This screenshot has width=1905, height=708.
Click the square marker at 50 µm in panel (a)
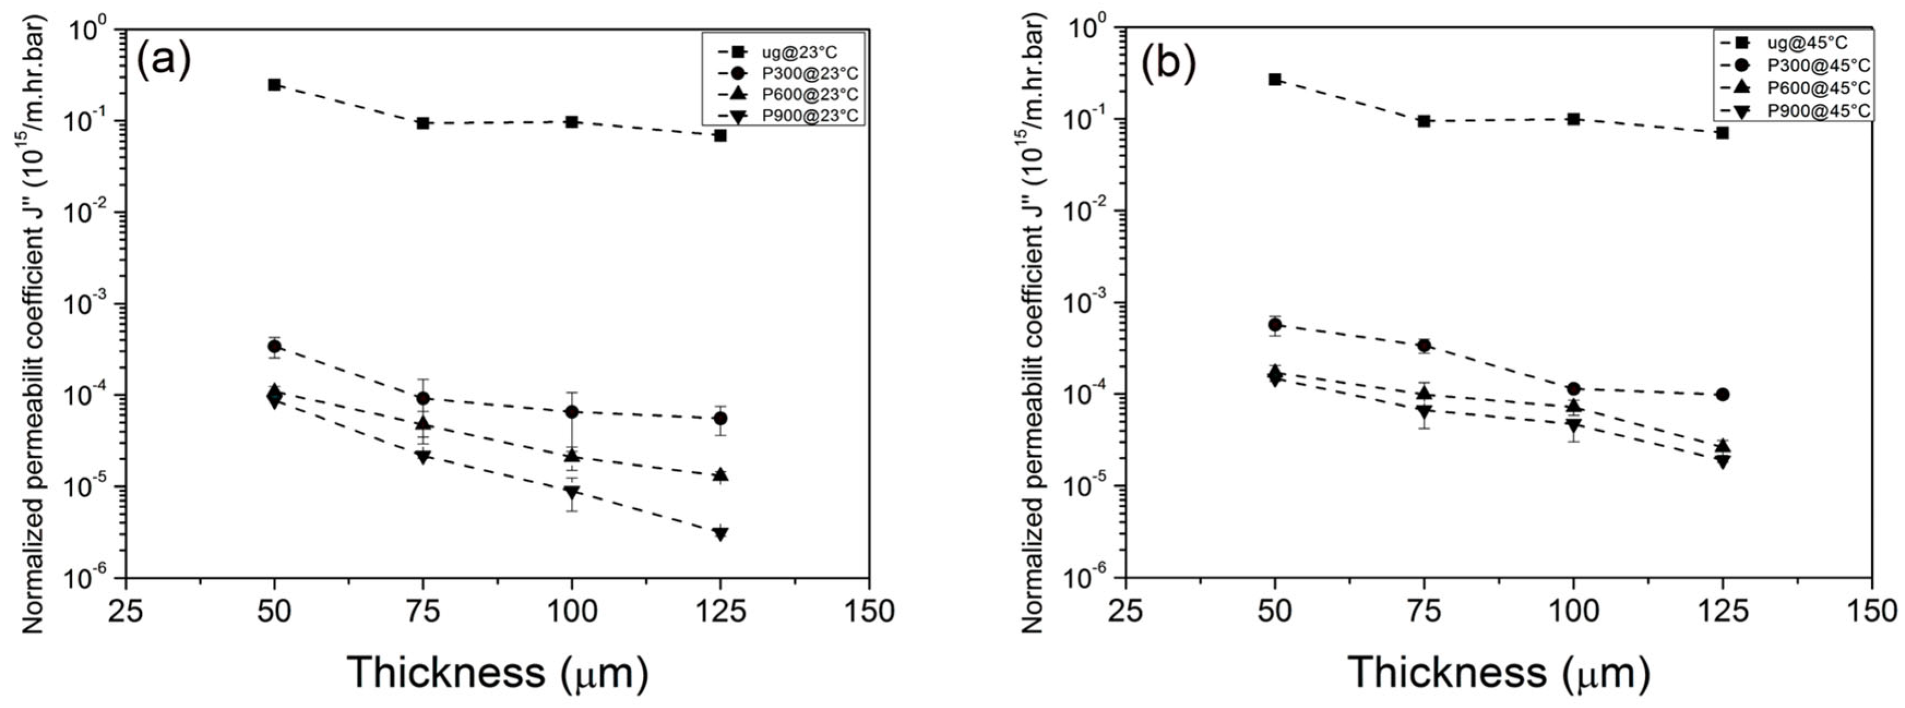pyautogui.click(x=274, y=85)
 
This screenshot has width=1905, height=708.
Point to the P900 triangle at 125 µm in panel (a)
pyautogui.click(x=720, y=533)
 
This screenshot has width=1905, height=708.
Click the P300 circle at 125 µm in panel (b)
pyautogui.click(x=1722, y=394)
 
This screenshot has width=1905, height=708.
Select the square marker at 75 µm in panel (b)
pyautogui.click(x=1424, y=121)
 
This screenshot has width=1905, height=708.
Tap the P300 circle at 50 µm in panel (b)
pyautogui.click(x=1275, y=325)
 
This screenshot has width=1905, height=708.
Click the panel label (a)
pyautogui.click(x=163, y=61)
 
